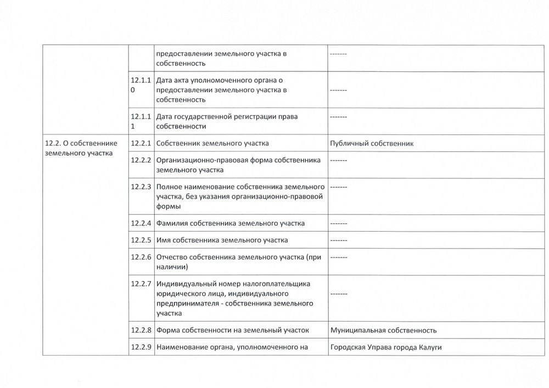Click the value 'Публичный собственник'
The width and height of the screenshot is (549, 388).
point(372,144)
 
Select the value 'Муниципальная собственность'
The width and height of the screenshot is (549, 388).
point(383,330)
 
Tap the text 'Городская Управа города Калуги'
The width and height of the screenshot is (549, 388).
point(386,347)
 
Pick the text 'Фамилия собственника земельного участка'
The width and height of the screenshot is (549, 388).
point(231,223)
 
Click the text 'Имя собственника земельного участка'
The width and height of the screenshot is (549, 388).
point(222,240)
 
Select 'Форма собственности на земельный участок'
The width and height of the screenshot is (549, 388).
point(233,330)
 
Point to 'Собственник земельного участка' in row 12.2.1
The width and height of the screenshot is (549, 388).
point(212,144)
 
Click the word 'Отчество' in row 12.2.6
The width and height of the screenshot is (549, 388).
point(172,257)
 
